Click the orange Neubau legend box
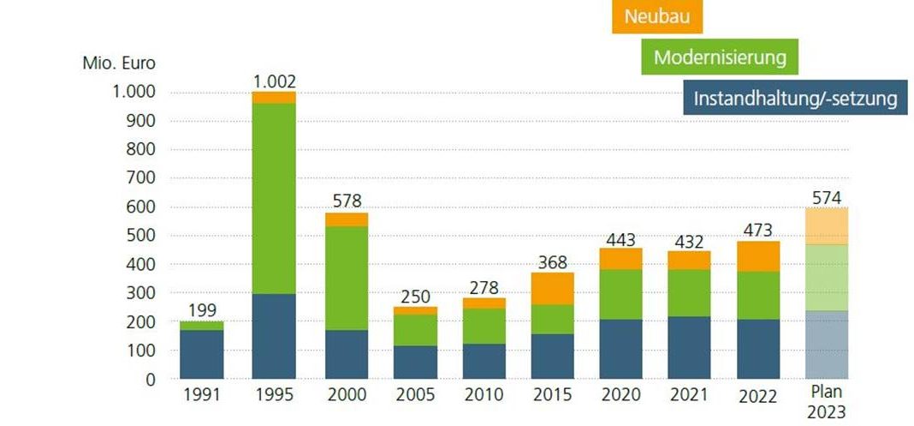pyautogui.click(x=657, y=16)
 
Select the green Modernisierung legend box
pyautogui.click(x=719, y=57)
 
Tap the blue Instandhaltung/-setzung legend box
pyautogui.click(x=795, y=98)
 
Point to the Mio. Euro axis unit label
pyautogui.click(x=120, y=63)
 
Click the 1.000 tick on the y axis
pyautogui.click(x=133, y=93)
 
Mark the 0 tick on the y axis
pyautogui.click(x=150, y=379)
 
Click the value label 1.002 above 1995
pyautogui.click(x=274, y=81)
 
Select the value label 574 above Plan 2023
pyautogui.click(x=826, y=197)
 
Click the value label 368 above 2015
pyautogui.click(x=552, y=261)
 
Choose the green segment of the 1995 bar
pyautogui.click(x=274, y=197)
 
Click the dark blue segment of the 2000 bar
pyautogui.click(x=347, y=354)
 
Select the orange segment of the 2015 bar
pyautogui.click(x=552, y=288)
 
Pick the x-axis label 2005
pyautogui.click(x=415, y=396)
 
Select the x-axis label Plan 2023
pyautogui.click(x=826, y=403)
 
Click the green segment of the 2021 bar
pyautogui.click(x=689, y=292)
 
